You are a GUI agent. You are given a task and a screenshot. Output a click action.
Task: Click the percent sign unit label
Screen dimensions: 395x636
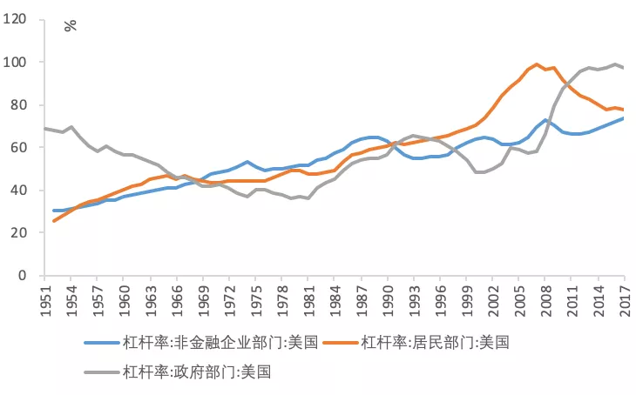pyautogui.click(x=70, y=24)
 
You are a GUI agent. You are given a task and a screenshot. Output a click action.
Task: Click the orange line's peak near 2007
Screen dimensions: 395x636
pyautogui.click(x=537, y=64)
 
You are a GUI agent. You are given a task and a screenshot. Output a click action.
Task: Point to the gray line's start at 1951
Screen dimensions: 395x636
pyautogui.click(x=45, y=129)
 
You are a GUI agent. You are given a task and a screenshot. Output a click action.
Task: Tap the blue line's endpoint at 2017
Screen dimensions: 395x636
pyautogui.click(x=625, y=118)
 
